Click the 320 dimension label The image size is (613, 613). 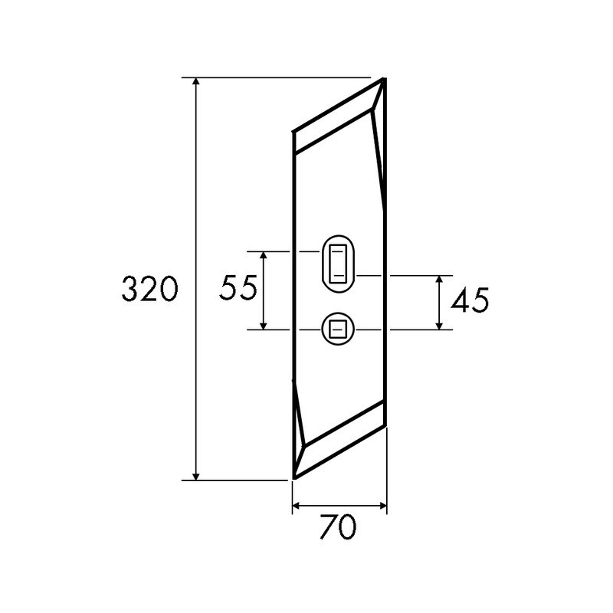tap(150, 289)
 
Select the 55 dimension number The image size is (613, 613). tap(238, 289)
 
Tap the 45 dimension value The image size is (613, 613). tap(470, 301)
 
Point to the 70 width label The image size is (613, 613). tap(338, 527)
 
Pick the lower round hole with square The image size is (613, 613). tap(338, 329)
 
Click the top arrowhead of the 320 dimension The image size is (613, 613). tap(196, 83)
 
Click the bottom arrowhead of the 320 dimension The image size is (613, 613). tap(196, 475)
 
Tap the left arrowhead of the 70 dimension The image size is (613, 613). tap(298, 506)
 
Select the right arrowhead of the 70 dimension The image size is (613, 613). tap(382, 506)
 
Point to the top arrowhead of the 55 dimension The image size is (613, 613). tap(263, 256)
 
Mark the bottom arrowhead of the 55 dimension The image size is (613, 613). tap(263, 325)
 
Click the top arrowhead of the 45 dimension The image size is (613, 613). tap(439, 280)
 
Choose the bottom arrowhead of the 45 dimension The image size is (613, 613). tap(439, 325)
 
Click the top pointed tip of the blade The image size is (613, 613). tap(383, 80)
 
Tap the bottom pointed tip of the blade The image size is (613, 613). tap(294, 478)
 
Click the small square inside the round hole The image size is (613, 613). tap(338, 329)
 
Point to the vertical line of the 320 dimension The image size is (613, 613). tap(196, 192)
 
